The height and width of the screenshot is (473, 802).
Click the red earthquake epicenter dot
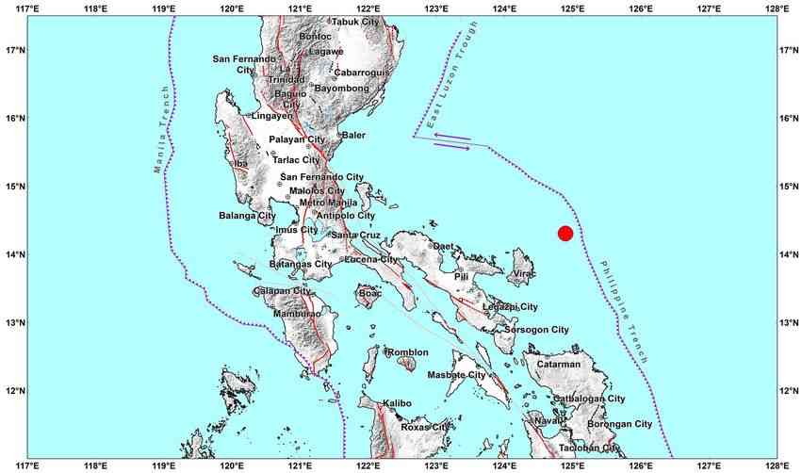(x=565, y=233)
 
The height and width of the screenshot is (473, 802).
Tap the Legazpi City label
(x=510, y=307)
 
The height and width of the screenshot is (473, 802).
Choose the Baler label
(x=353, y=136)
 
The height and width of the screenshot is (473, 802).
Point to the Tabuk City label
(x=355, y=21)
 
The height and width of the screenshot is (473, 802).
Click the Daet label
(x=444, y=246)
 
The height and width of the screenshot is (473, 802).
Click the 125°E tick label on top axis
(x=571, y=9)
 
